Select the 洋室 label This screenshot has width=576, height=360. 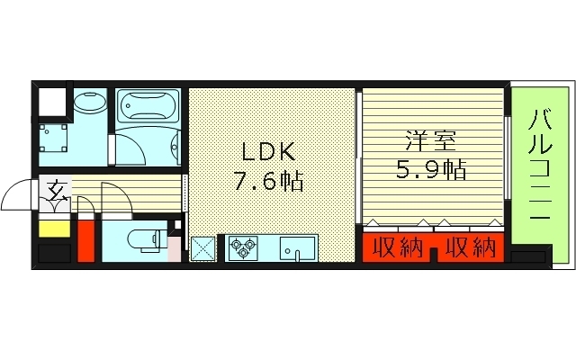click(x=430, y=141)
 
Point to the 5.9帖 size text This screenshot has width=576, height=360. click(x=431, y=169)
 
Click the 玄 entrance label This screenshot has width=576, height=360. click(x=56, y=191)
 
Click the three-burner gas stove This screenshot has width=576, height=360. click(x=242, y=247)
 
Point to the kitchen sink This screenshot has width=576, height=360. click(x=296, y=247)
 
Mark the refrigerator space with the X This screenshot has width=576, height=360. click(x=203, y=247)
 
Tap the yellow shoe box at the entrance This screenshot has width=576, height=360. click(x=53, y=229)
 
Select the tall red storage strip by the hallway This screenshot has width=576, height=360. click(x=85, y=238)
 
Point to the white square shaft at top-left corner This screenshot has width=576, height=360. click(x=51, y=103)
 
